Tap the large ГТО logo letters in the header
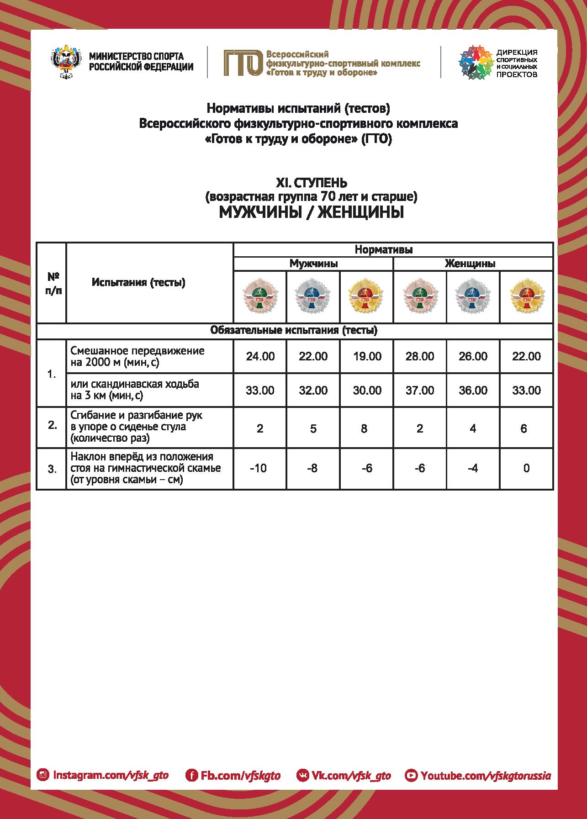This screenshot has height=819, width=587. tap(243, 63)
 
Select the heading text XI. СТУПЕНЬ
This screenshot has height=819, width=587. tap(312, 183)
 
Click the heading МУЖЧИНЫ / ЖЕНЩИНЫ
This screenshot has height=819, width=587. tap(312, 212)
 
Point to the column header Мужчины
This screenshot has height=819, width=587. tap(313, 264)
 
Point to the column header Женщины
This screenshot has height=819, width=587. tap(473, 264)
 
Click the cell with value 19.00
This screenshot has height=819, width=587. tap(367, 356)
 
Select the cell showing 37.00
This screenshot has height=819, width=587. tap(420, 391)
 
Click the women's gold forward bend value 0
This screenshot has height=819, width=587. tap(526, 468)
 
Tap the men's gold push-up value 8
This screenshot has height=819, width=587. tap(364, 428)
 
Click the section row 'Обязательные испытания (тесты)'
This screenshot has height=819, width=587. tap(294, 330)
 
